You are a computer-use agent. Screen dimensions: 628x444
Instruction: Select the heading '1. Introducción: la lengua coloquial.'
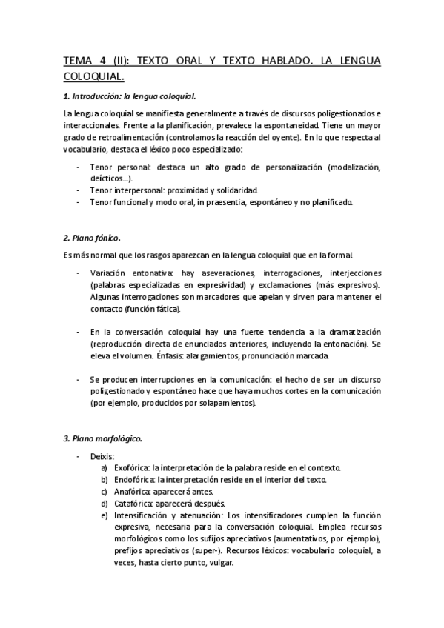click(130, 96)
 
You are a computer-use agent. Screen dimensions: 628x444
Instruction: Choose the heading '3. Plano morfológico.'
click(102, 438)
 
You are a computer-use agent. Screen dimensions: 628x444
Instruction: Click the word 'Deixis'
click(102, 456)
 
